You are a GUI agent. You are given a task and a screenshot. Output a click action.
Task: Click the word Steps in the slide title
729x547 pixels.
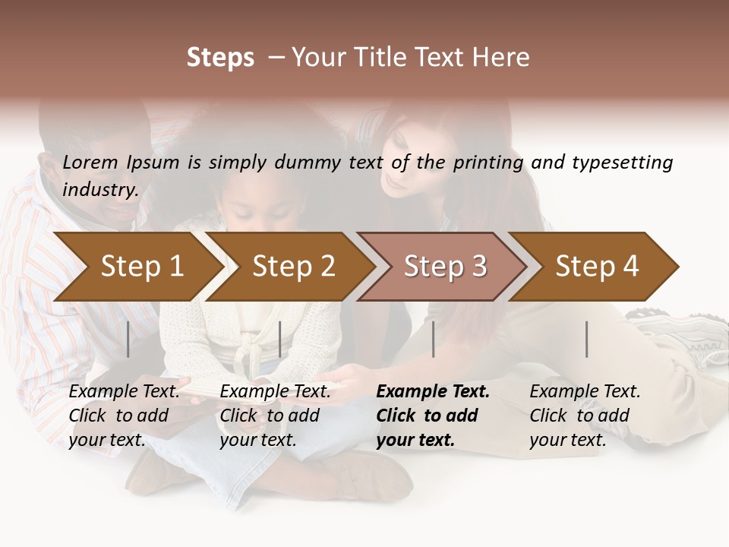220,58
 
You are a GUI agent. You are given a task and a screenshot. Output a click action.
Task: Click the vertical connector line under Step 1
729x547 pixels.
128,339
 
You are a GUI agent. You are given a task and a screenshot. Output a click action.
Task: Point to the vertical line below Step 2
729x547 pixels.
280,339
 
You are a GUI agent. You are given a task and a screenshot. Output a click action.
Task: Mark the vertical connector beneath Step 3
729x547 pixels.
434,339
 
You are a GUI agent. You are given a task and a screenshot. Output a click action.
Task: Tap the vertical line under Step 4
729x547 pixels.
587,339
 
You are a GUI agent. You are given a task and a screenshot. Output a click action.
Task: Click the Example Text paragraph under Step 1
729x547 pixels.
124,416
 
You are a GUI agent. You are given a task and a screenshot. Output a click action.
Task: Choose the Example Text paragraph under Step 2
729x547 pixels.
275,416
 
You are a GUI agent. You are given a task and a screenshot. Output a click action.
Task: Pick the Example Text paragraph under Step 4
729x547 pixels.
585,416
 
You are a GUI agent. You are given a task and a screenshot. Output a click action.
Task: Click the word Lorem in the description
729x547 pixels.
90,163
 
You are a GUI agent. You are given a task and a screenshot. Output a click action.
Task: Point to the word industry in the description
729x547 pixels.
100,190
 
